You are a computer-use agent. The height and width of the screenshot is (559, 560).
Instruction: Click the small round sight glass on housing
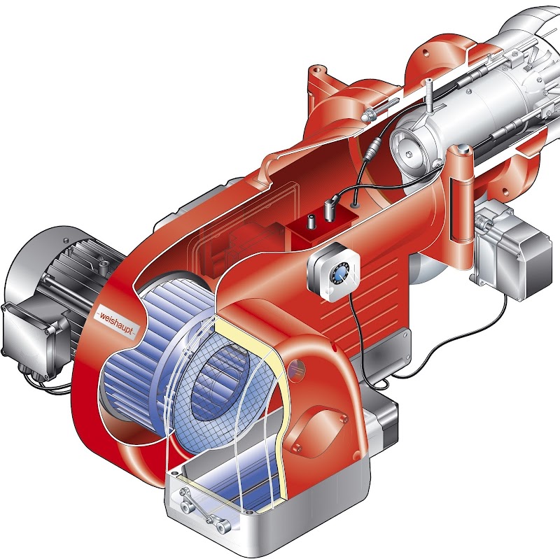click(296, 370)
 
